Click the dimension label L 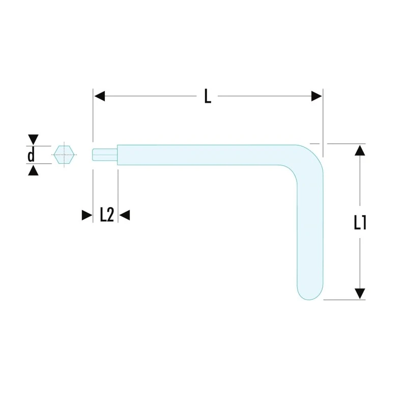[208, 96]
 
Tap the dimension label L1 [360, 223]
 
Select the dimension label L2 [107, 215]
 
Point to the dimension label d [31, 155]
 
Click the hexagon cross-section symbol [64, 155]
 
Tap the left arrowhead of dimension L [100, 96]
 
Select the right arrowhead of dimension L [316, 96]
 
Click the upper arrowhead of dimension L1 [360, 150]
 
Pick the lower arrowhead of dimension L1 [360, 294]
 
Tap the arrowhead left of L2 [87, 215]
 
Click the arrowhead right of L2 [125, 215]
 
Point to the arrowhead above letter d [33, 139]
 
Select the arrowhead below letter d [33, 171]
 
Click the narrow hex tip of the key [105, 155]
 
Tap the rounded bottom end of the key [310, 290]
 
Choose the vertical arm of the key [310, 231]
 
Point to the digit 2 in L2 [110, 215]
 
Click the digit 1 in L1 [364, 223]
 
